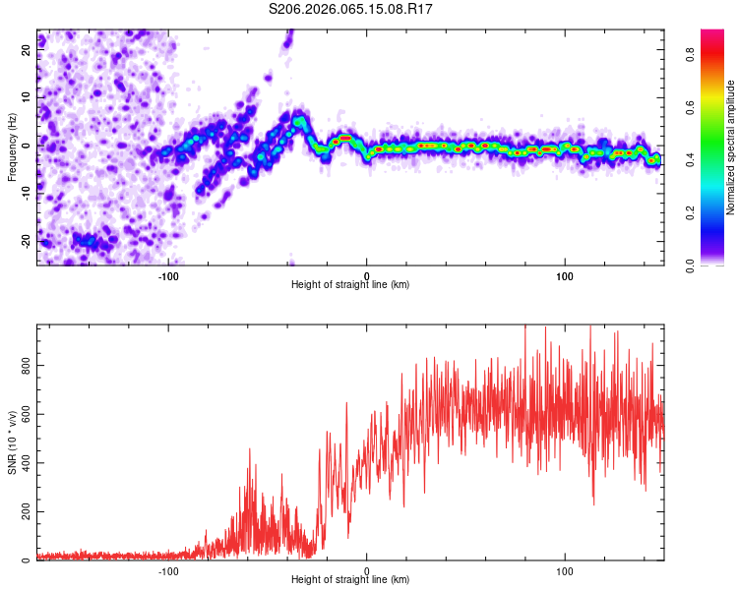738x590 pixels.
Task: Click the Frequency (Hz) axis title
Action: click(12, 147)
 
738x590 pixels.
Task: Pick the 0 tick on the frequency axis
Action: click(27, 145)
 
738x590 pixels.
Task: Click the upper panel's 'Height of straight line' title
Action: click(350, 285)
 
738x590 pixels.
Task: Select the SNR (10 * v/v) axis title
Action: click(12, 442)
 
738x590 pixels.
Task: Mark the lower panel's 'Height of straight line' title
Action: click(350, 580)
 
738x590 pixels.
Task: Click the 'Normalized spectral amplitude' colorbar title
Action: click(730, 147)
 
